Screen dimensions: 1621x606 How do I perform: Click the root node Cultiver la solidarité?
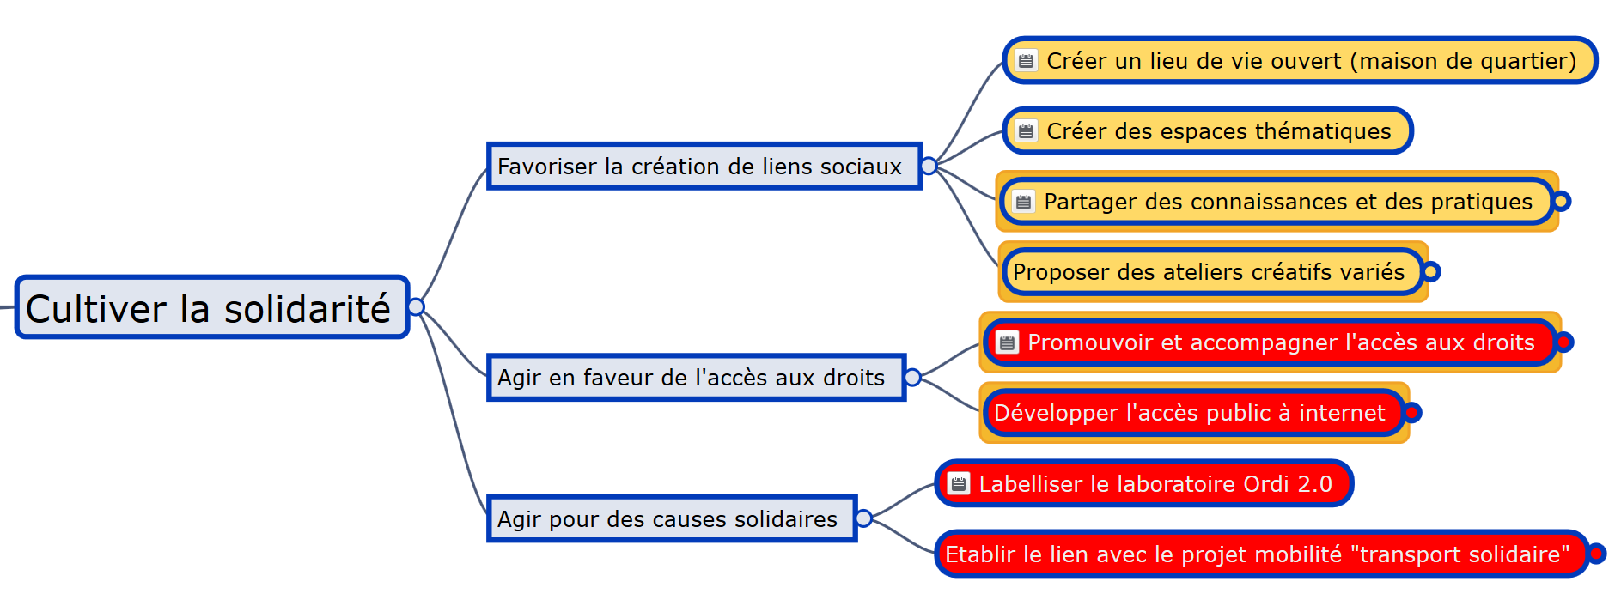[x=211, y=307]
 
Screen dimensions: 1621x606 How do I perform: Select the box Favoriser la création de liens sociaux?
[x=704, y=166]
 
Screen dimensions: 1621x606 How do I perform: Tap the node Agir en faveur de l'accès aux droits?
[x=697, y=377]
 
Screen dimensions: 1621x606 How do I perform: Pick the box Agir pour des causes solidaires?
[x=672, y=518]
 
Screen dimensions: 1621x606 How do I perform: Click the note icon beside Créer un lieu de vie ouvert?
[x=1026, y=61]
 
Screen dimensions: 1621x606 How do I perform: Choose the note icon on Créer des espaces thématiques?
[x=1026, y=131]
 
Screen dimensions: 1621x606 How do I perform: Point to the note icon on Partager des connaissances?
[x=1023, y=202]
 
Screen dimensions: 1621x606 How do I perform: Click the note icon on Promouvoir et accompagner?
[x=1007, y=342]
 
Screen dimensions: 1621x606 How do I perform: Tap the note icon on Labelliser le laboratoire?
[x=959, y=484]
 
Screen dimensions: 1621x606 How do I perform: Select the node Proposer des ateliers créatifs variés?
[x=1212, y=272]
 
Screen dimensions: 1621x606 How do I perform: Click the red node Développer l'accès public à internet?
[x=1193, y=413]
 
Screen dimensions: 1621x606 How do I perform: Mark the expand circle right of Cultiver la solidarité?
[x=417, y=307]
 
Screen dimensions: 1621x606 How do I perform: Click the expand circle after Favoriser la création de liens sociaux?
[x=929, y=166]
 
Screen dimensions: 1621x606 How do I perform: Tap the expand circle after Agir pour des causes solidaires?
[x=864, y=518]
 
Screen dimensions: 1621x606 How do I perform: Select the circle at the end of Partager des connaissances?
[x=1562, y=202]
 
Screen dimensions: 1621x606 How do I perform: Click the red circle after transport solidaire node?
[x=1596, y=554]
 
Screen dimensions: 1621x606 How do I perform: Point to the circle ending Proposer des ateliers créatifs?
[x=1431, y=272]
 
